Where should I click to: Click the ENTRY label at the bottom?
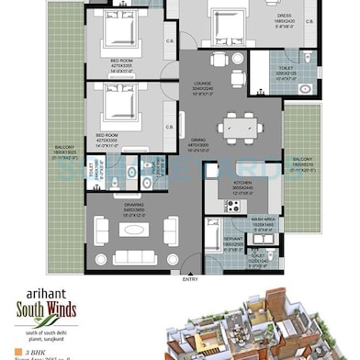click(x=190, y=278)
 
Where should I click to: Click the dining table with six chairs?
click(x=238, y=128)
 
